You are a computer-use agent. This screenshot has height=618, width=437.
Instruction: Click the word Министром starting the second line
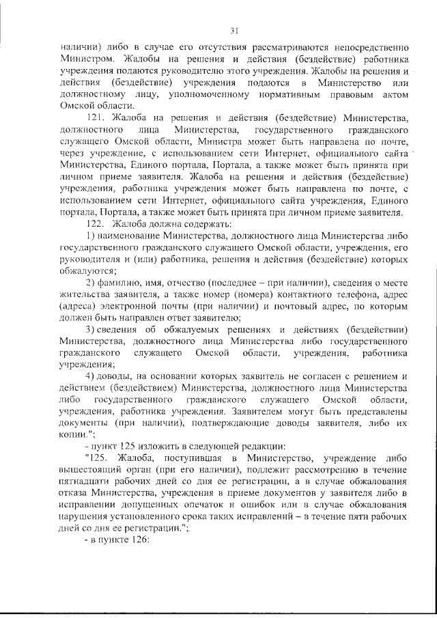pos(81,59)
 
